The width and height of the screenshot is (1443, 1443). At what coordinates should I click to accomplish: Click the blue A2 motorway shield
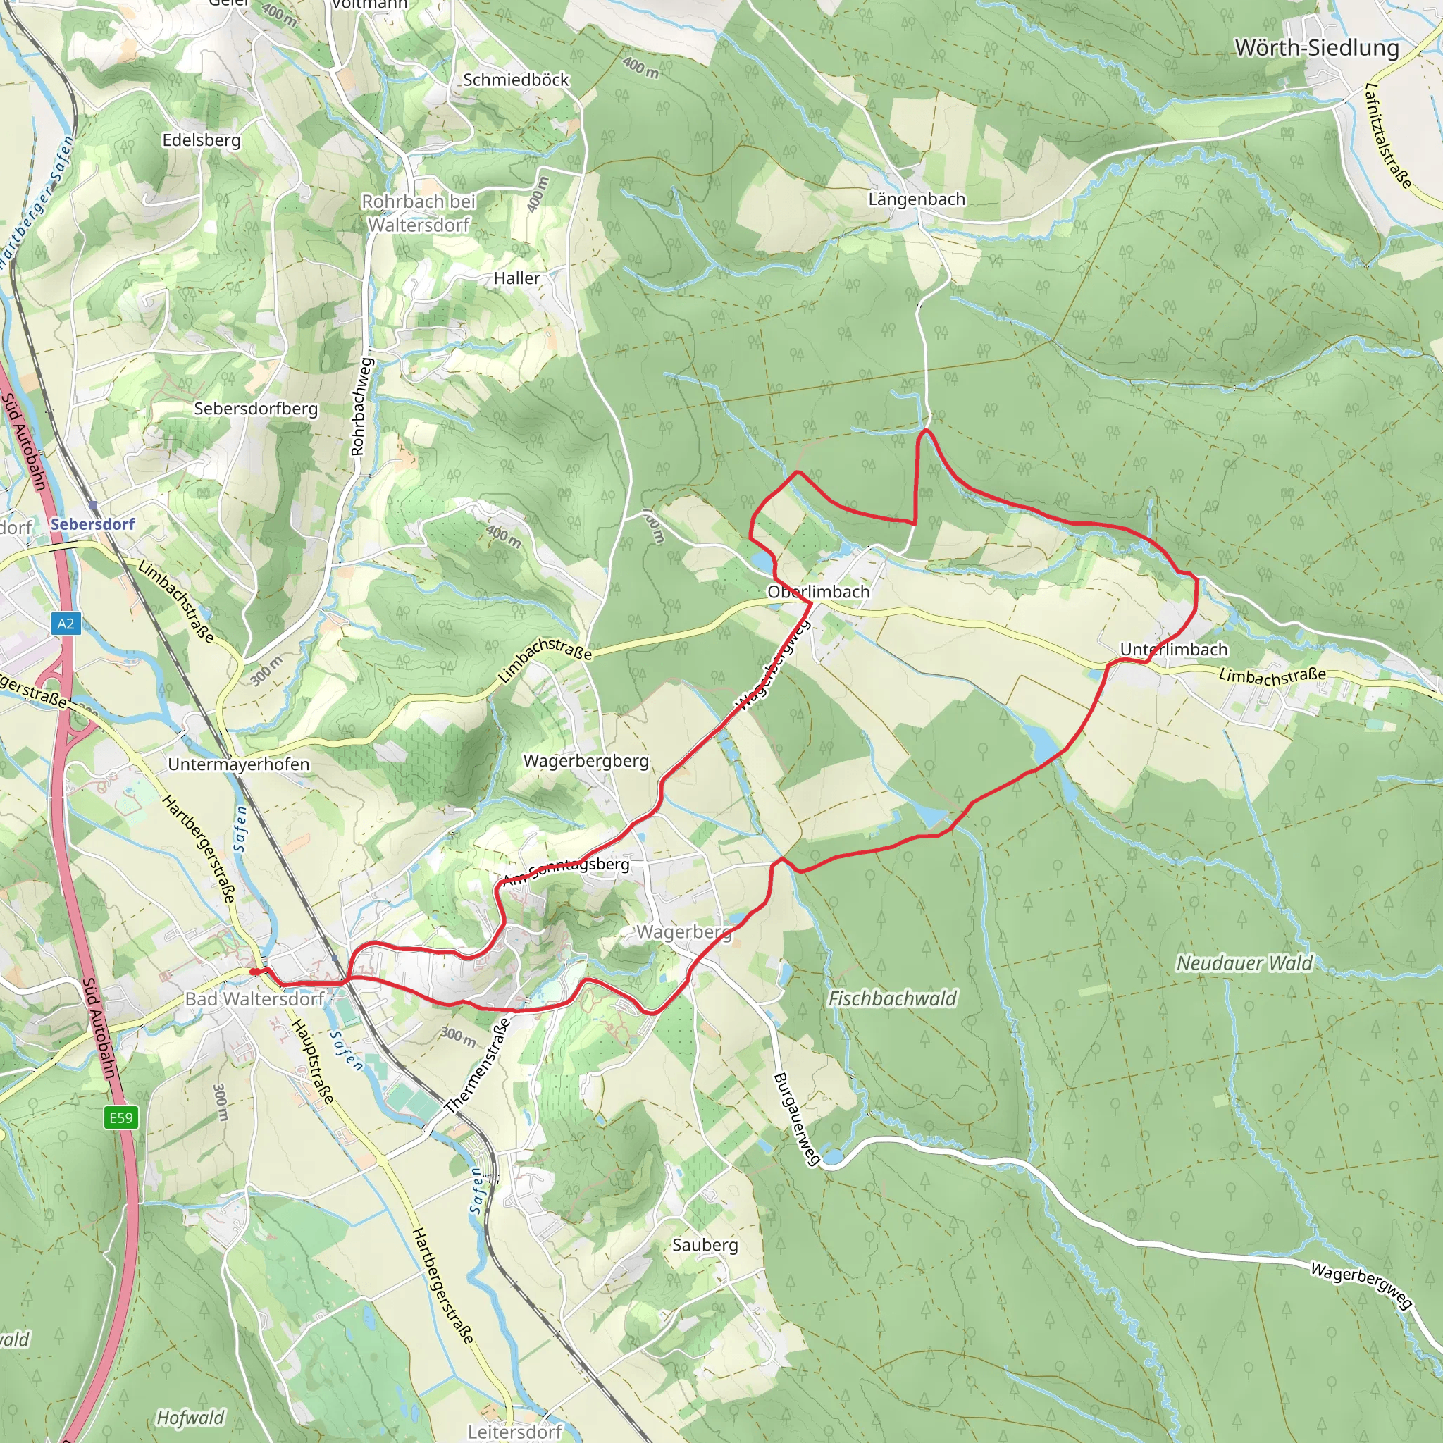click(x=66, y=623)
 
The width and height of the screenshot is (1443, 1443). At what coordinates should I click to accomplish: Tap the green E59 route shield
click(x=120, y=1117)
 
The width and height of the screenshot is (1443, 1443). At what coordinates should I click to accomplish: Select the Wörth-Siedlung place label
click(x=1316, y=48)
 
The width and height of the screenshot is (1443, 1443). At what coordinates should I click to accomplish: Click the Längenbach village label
click(x=917, y=199)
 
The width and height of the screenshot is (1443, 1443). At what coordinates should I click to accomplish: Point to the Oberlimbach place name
click(x=819, y=592)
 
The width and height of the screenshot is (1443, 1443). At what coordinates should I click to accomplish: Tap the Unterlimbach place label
click(x=1173, y=649)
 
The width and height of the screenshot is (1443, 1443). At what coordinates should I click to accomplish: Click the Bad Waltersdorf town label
click(x=254, y=998)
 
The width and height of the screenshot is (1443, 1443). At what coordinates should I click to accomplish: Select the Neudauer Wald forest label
click(x=1244, y=963)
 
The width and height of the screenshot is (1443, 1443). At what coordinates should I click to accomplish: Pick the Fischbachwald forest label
click(x=892, y=998)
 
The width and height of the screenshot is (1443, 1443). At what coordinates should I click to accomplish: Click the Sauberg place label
click(x=705, y=1245)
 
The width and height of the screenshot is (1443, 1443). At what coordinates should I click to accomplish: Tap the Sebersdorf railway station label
click(x=92, y=524)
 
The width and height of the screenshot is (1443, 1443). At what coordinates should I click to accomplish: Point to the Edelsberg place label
click(x=201, y=140)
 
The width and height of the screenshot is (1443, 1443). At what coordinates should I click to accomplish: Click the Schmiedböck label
click(x=515, y=80)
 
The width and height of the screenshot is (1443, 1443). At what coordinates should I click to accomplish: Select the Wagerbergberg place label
click(x=586, y=760)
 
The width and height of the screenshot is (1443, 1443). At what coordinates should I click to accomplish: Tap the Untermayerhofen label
click(x=238, y=764)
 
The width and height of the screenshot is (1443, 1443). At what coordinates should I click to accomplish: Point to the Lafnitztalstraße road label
click(x=1387, y=136)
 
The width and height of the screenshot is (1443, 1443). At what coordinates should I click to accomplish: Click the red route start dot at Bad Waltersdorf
click(x=254, y=972)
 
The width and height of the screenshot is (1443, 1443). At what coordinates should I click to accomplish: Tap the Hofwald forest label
click(x=190, y=1418)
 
